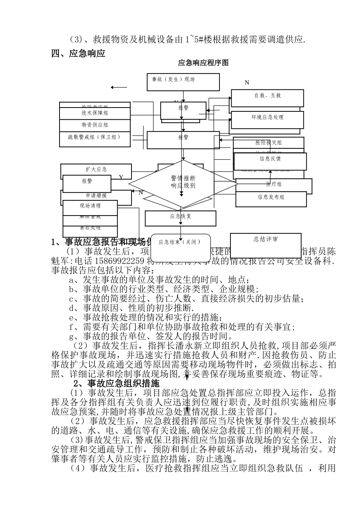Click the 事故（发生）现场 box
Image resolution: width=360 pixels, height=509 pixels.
point(183,82)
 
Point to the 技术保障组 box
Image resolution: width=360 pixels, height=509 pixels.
point(95,113)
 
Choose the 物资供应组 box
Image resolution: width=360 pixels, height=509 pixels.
point(95,125)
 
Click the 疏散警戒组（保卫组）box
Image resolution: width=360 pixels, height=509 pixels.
point(95,137)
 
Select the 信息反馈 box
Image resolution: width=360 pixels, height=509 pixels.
point(270,161)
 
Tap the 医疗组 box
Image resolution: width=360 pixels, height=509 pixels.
point(274,185)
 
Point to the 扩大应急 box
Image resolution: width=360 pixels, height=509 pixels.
point(96,170)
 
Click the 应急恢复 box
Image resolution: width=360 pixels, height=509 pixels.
point(180,218)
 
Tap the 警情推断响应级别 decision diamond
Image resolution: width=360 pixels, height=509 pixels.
point(183,183)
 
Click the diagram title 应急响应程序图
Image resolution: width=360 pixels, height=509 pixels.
point(203,63)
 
